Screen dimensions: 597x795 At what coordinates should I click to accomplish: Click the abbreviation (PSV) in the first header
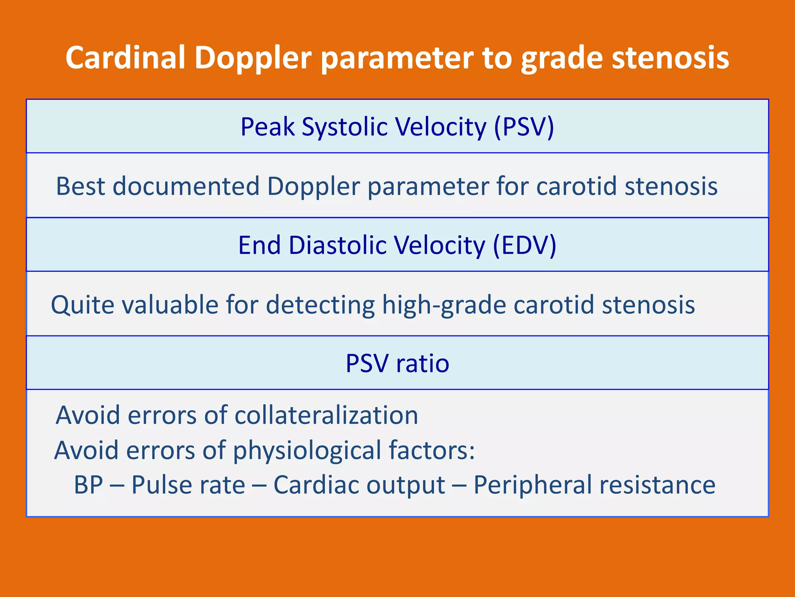pos(524,127)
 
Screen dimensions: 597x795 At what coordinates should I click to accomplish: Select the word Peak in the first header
pos(267,127)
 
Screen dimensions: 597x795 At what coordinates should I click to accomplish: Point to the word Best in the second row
pos(80,186)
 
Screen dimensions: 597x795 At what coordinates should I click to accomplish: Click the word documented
pos(186,186)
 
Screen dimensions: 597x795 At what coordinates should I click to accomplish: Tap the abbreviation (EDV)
pos(524,245)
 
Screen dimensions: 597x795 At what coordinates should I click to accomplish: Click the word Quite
pos(82,304)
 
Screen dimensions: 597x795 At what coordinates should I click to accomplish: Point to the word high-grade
pos(444,304)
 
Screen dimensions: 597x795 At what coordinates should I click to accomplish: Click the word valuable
pos(170,304)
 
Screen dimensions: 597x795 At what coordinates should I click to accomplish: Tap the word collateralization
pos(326,415)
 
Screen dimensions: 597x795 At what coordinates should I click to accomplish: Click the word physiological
pos(307,450)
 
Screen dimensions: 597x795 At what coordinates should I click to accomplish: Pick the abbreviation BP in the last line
pos(89,485)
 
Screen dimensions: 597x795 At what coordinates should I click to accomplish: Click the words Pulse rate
pos(188,485)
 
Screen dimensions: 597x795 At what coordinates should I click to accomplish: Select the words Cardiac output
pos(359,485)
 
